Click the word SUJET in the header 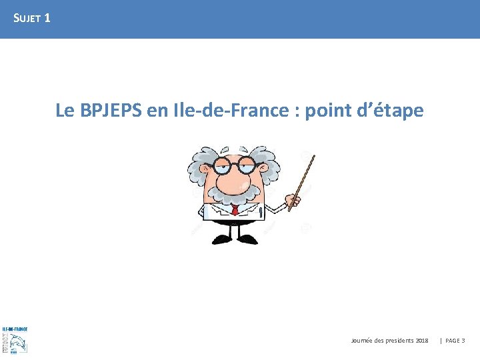pos(27,19)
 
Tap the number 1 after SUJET pos(47,18)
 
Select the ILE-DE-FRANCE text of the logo pos(15,329)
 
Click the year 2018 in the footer pos(421,341)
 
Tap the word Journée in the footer pos(362,341)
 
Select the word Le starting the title pos(65,111)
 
